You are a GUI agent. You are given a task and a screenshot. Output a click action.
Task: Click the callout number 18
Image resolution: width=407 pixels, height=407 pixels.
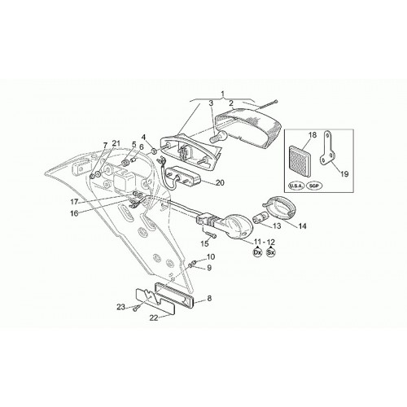(x=313, y=135)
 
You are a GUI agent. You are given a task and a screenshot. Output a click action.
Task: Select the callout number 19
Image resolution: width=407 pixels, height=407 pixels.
(x=344, y=173)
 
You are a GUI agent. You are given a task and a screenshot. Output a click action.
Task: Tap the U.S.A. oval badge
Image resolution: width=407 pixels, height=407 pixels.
(x=295, y=186)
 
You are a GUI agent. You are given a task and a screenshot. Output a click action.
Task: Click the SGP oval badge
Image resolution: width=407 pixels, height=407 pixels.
(x=314, y=186)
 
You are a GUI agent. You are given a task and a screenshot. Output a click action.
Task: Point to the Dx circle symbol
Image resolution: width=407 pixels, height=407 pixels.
(x=257, y=252)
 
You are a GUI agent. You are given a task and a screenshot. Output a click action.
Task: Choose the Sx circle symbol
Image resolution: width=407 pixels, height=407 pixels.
(x=271, y=252)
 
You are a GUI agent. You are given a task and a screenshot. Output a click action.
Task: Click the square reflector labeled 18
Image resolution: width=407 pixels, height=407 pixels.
(x=300, y=162)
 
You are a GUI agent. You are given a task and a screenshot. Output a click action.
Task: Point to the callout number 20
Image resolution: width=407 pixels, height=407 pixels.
(x=220, y=183)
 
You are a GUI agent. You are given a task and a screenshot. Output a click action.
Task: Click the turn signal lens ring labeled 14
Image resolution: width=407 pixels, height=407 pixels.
(x=280, y=208)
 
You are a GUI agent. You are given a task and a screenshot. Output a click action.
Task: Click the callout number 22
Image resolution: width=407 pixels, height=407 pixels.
(x=154, y=317)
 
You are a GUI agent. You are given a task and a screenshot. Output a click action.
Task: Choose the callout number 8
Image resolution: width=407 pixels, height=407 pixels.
(x=209, y=299)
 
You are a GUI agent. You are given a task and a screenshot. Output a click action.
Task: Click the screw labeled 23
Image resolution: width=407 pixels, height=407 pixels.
(x=136, y=309)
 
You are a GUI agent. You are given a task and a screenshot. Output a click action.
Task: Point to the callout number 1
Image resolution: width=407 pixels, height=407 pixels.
(x=223, y=94)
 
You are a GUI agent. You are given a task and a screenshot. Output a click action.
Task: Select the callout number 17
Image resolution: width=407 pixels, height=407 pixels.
(x=74, y=202)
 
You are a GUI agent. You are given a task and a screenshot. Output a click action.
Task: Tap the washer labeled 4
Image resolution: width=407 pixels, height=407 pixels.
(x=153, y=151)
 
